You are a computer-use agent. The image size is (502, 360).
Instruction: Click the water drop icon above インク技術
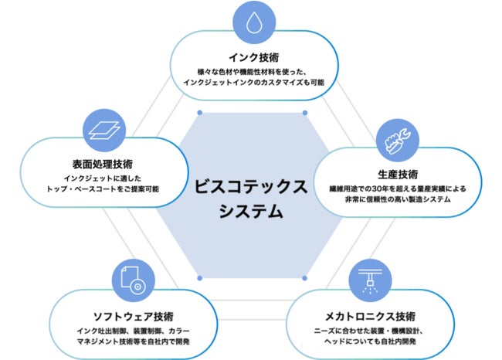click(x=253, y=23)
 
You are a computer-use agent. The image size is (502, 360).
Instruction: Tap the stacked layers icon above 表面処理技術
click(x=103, y=127)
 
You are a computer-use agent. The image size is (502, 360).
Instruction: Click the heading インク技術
click(x=253, y=58)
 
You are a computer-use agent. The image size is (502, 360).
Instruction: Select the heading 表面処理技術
click(x=103, y=164)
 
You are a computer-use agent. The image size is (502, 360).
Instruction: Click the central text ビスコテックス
click(x=251, y=187)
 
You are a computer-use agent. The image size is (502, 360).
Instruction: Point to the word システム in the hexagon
click(x=250, y=211)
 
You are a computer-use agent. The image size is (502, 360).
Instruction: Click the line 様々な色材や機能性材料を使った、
click(x=253, y=72)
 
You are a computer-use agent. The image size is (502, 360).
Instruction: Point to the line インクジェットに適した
click(x=103, y=177)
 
